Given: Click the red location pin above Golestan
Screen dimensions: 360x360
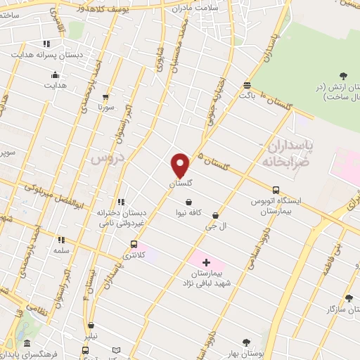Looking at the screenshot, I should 181,165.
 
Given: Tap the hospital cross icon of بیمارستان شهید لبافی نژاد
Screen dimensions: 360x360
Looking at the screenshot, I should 205,262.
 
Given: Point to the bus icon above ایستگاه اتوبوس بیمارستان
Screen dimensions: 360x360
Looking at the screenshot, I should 275,190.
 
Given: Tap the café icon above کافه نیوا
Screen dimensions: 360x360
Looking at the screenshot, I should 188,202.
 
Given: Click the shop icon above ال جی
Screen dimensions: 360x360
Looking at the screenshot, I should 215,215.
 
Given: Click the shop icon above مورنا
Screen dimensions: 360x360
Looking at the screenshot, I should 105,98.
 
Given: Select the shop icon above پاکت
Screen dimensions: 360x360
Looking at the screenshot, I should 247,86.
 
